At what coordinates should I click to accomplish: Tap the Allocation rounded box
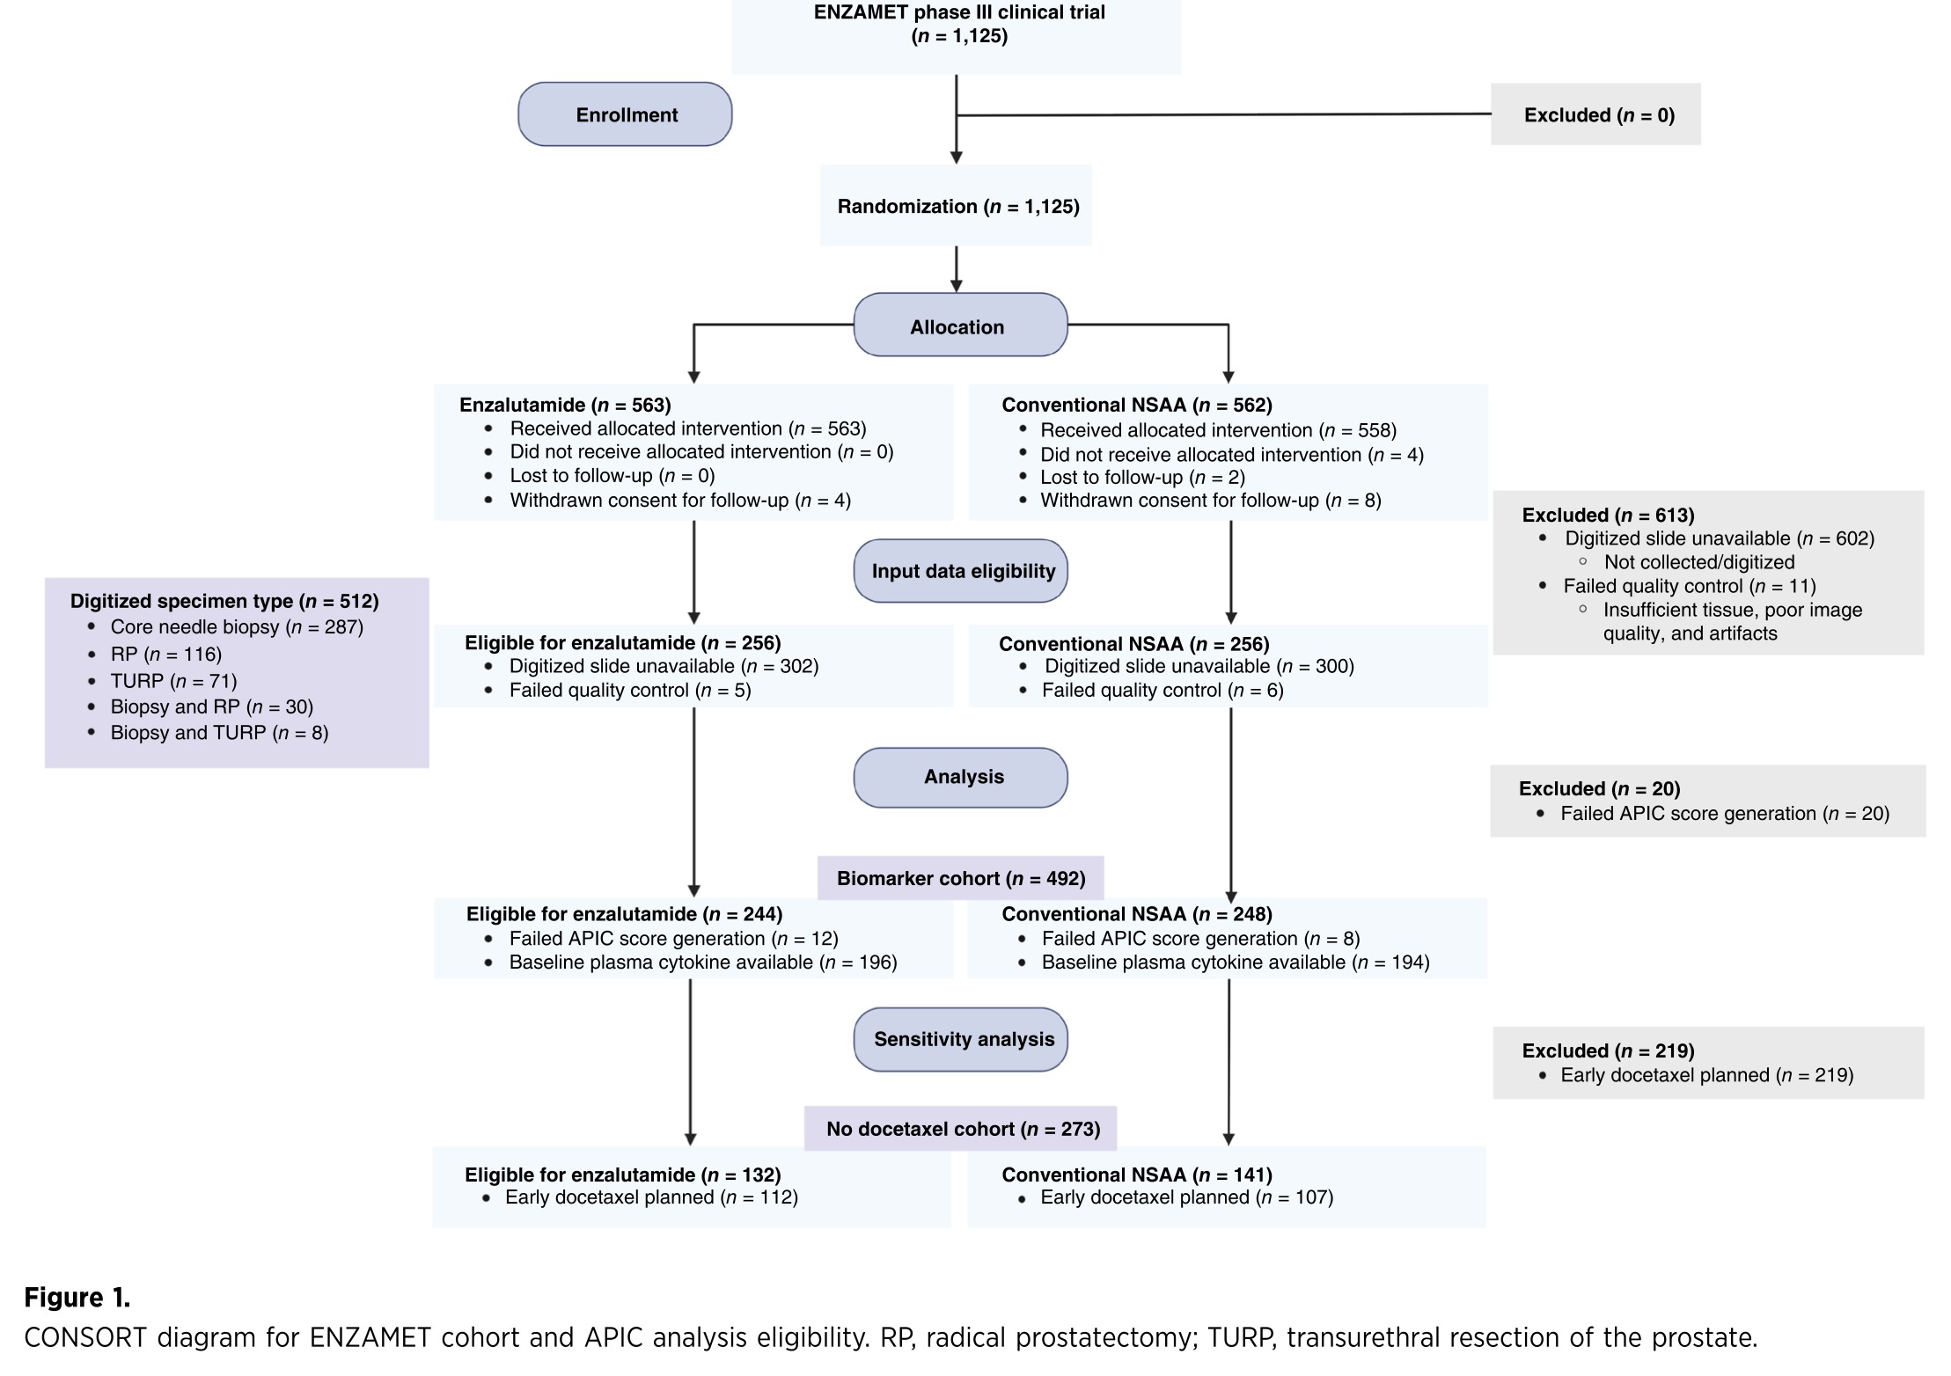pos(960,325)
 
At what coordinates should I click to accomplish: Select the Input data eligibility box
pos(960,571)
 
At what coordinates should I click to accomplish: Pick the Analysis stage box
pos(960,778)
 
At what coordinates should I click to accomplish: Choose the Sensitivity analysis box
pos(960,1039)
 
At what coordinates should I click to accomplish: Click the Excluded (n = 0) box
pos(1595,114)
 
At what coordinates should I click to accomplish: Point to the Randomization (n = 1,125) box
pos(957,206)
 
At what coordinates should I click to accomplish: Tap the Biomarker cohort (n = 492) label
pos(960,878)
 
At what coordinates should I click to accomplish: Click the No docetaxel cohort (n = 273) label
pos(960,1129)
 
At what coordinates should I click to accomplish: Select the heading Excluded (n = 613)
pos(1608,515)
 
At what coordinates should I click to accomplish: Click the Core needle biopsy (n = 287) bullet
pos(237,627)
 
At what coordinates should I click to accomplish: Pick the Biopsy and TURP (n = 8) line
pos(219,733)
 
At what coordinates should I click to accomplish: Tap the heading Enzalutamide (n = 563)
pos(565,405)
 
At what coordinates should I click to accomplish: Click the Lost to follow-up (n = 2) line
pos(1142,477)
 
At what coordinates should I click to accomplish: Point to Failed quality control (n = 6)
pos(1163,690)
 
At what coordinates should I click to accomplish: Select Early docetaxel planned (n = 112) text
pos(651,1197)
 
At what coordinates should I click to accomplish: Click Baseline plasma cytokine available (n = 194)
pos(1236,962)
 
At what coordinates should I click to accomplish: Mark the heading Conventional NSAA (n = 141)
pos(1137,1175)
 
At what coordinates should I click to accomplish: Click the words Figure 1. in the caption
pos(77,1298)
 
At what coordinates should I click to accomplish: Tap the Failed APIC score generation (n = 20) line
pos(1725,814)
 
